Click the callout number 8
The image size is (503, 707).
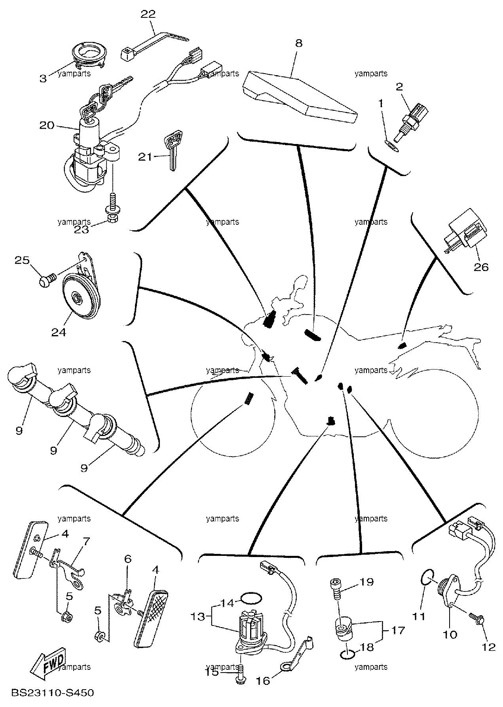click(298, 43)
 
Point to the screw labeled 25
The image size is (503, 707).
click(46, 281)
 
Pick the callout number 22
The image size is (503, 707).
click(148, 14)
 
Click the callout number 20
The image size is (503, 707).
click(47, 125)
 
